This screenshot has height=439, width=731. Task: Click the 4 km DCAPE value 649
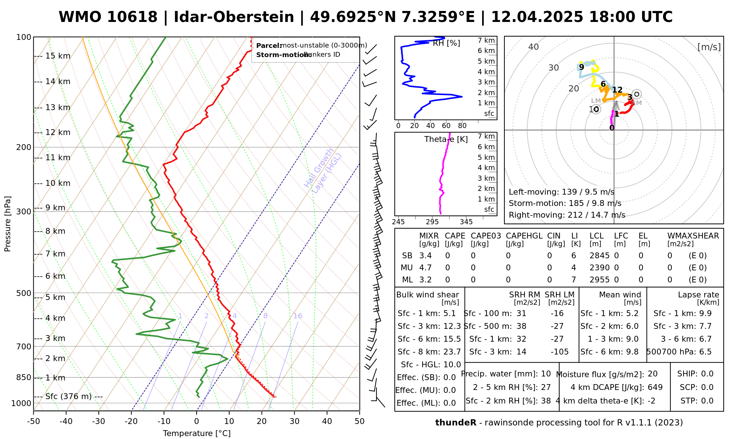pyautogui.click(x=655, y=387)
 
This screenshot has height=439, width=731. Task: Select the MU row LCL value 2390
pyautogui.click(x=599, y=268)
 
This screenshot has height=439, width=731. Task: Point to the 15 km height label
pyautogui.click(x=58, y=56)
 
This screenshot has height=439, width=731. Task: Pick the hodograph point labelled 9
pyautogui.click(x=582, y=67)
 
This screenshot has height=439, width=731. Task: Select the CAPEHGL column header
pyautogui.click(x=524, y=236)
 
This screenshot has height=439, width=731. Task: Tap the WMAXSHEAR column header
pyautogui.click(x=693, y=236)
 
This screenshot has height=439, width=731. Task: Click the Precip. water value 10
pyautogui.click(x=546, y=374)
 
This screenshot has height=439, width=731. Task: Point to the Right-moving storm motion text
pyautogui.click(x=567, y=215)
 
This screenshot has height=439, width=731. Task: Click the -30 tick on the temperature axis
pyautogui.click(x=99, y=421)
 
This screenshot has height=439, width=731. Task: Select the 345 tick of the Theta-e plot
pyautogui.click(x=466, y=222)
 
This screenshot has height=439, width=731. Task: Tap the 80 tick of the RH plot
pyautogui.click(x=462, y=126)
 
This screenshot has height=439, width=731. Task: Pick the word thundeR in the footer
pyautogui.click(x=455, y=423)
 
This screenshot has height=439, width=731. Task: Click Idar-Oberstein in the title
pyautogui.click(x=234, y=17)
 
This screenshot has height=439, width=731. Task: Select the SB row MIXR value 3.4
pyautogui.click(x=425, y=256)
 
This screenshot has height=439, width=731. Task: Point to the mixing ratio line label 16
pyautogui.click(x=298, y=316)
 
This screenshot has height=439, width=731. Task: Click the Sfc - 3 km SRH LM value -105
pyautogui.click(x=560, y=352)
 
